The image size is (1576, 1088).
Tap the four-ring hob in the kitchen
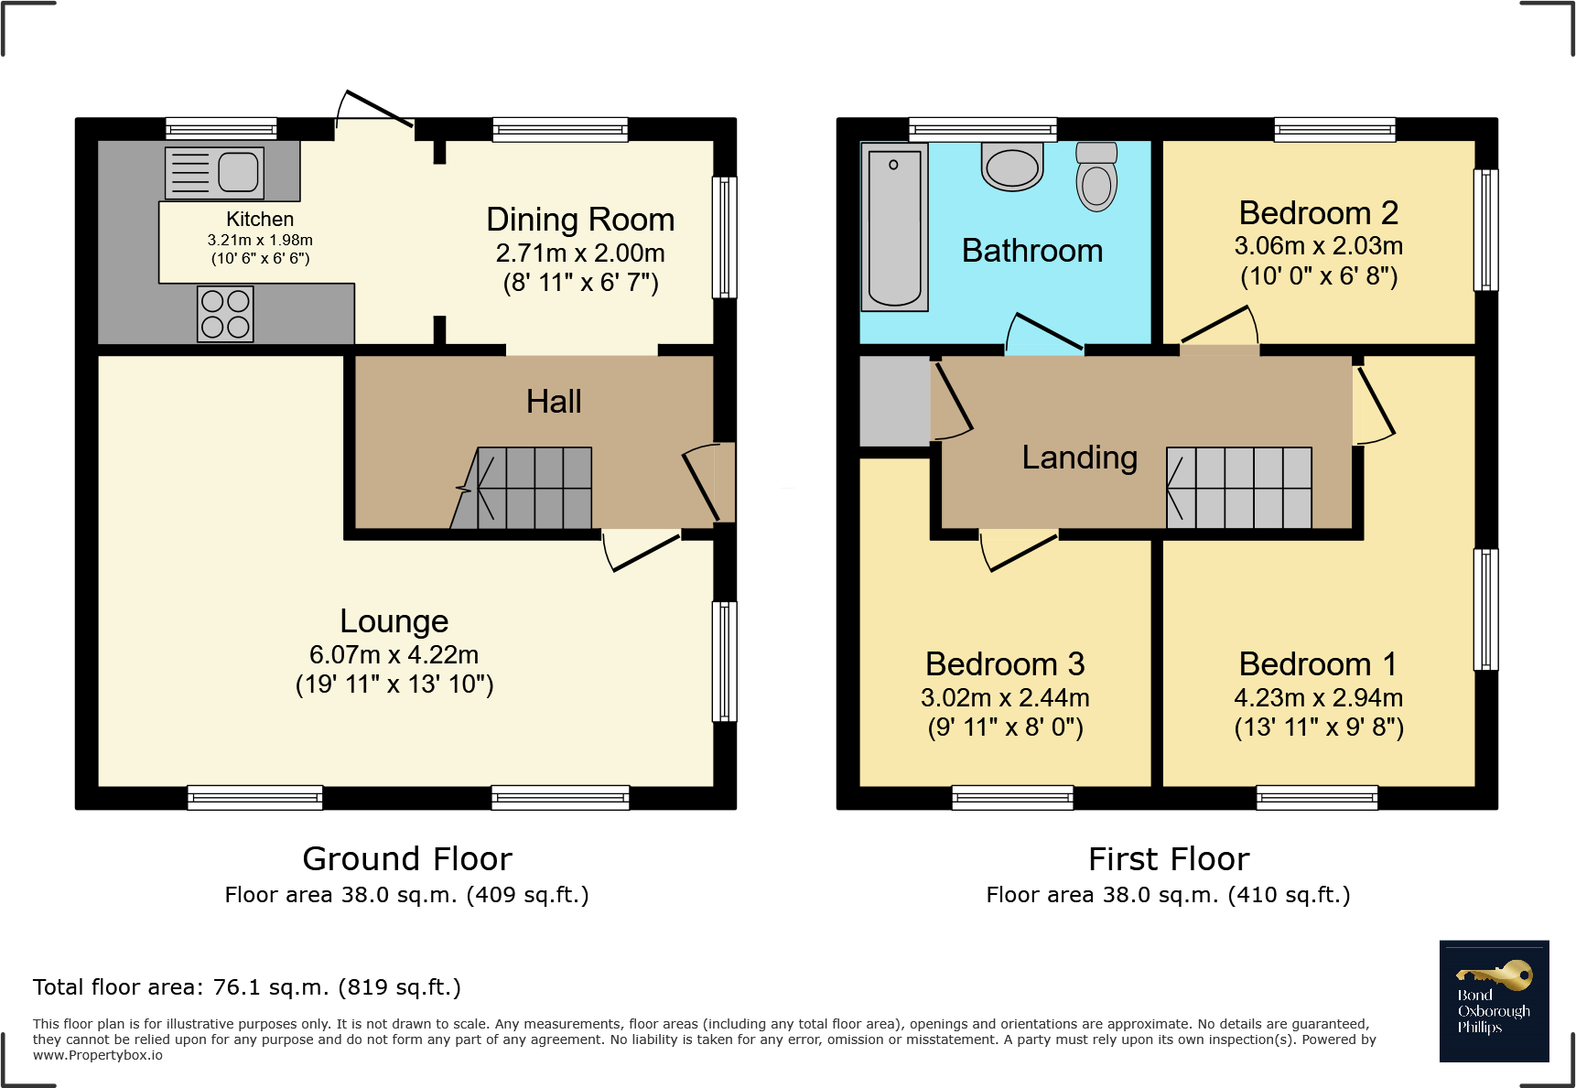click(225, 314)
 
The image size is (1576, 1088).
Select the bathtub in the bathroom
click(894, 227)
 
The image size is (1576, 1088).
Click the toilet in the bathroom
click(1096, 178)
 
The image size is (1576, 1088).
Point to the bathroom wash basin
click(1012, 167)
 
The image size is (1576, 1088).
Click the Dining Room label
click(580, 220)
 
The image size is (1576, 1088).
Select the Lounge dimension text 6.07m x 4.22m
click(394, 655)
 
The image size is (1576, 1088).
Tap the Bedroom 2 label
click(1318, 213)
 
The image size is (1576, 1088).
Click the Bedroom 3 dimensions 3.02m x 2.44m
click(1005, 698)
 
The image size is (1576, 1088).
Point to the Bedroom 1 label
click(1318, 664)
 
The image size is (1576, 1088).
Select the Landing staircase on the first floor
click(1239, 488)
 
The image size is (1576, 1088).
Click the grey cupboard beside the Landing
click(895, 401)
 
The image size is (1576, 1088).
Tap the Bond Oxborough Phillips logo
click(1494, 1001)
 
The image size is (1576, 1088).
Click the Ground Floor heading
click(407, 859)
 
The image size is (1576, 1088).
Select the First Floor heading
click(1169, 859)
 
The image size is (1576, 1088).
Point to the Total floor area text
click(247, 987)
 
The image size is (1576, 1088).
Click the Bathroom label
click(1032, 251)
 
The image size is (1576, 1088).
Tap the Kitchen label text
click(260, 220)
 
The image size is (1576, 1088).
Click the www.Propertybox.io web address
click(98, 1055)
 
